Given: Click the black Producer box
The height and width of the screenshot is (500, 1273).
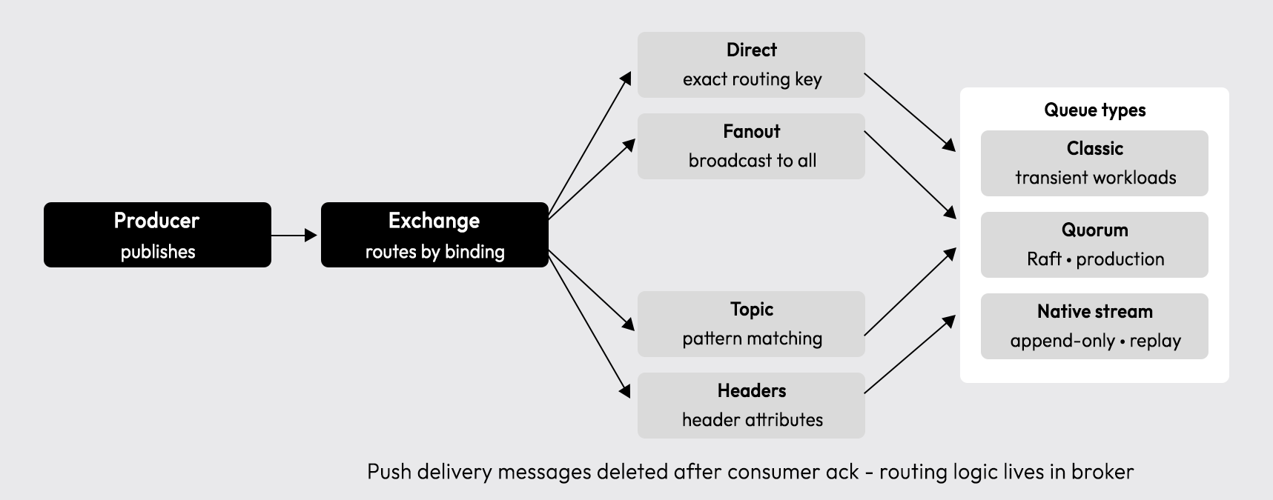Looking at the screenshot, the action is (x=157, y=235).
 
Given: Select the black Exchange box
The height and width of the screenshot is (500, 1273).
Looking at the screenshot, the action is (x=434, y=235).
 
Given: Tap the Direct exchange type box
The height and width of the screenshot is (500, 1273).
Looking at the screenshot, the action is (x=751, y=64).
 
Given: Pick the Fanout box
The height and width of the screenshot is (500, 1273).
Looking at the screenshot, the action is (x=751, y=146).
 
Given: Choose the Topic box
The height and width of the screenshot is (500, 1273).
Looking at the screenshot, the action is (x=751, y=324).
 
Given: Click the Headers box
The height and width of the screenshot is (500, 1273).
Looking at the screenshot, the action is (x=751, y=405).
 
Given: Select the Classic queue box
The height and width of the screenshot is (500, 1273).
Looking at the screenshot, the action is (x=1094, y=163).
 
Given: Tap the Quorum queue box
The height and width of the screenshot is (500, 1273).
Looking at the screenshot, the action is (x=1094, y=244).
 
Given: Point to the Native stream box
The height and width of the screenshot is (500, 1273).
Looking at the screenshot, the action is (x=1094, y=326).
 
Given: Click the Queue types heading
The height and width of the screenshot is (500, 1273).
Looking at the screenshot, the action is (x=1095, y=110).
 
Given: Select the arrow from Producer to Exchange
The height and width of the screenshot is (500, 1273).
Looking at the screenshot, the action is (x=294, y=236).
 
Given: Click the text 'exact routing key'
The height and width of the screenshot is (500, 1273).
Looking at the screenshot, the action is (x=752, y=79).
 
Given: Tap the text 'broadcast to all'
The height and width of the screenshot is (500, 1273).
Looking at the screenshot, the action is (x=752, y=161).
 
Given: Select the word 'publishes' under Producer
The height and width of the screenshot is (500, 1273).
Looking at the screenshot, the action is (x=158, y=252).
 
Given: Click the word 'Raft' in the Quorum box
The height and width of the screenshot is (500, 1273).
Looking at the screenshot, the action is (x=1044, y=259).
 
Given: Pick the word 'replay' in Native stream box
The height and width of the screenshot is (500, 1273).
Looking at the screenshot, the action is (x=1154, y=341).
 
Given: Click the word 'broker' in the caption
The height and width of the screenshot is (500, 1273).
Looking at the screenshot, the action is (x=1102, y=472).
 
